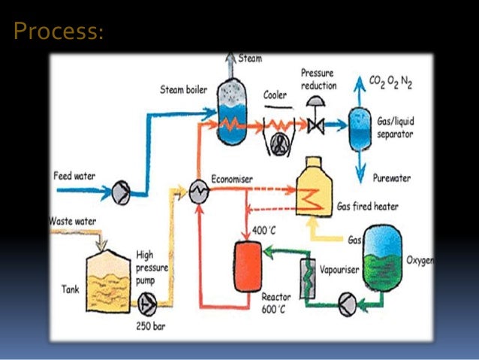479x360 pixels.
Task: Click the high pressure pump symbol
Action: [x=147, y=304]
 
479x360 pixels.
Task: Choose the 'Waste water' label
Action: [x=76, y=222]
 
